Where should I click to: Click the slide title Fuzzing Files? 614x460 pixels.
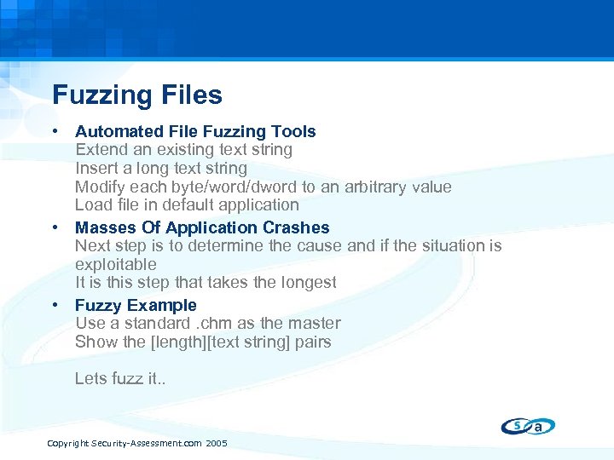pyautogui.click(x=136, y=95)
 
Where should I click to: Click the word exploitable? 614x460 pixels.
pyautogui.click(x=115, y=264)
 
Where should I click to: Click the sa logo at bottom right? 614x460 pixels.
pyautogui.click(x=528, y=426)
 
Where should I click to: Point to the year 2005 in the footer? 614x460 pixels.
pyautogui.click(x=217, y=443)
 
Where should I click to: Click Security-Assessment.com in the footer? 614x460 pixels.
pyautogui.click(x=147, y=443)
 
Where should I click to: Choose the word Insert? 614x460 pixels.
pyautogui.click(x=96, y=168)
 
